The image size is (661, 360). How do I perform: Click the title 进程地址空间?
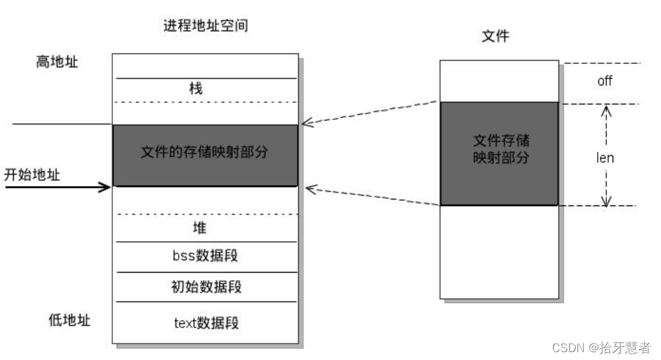click(x=206, y=27)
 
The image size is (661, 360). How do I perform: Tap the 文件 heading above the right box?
click(x=495, y=37)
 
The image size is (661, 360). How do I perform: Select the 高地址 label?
click(x=57, y=63)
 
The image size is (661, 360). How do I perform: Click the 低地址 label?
click(x=70, y=320)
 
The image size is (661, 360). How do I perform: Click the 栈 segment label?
click(x=196, y=89)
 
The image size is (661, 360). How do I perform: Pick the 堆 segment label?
click(x=200, y=228)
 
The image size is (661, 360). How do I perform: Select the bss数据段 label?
click(x=205, y=256)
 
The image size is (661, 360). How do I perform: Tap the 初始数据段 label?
click(x=205, y=286)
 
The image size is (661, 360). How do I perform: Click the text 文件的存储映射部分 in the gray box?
click(x=205, y=153)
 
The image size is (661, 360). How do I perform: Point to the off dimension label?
click(x=604, y=82)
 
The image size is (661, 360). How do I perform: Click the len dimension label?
click(x=605, y=158)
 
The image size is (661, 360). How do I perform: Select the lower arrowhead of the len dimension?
click(x=606, y=202)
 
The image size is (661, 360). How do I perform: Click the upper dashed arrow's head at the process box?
click(x=304, y=123)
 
